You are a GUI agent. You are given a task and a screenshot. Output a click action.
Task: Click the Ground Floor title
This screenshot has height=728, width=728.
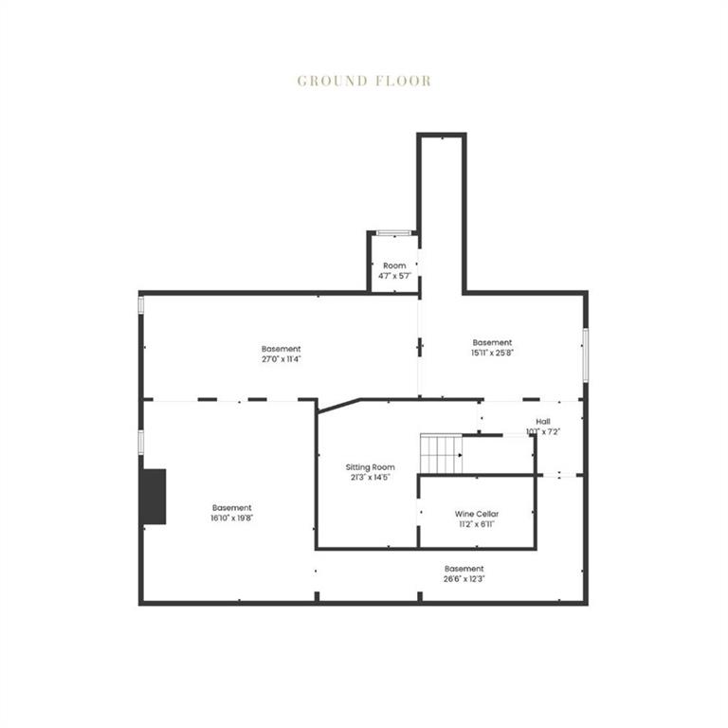tap(364, 81)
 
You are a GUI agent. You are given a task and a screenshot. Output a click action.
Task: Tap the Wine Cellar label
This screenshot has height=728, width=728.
tap(477, 514)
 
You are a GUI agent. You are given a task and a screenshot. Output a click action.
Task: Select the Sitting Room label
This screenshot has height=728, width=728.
tap(370, 467)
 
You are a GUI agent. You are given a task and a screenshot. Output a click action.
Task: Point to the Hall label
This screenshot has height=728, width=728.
tap(543, 422)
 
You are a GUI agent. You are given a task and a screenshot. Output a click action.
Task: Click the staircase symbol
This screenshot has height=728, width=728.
tap(441, 453)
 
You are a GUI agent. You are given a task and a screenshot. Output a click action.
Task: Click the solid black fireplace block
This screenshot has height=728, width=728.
tap(153, 496)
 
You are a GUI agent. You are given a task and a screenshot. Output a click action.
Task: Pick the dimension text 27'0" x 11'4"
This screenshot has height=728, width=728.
tap(282, 359)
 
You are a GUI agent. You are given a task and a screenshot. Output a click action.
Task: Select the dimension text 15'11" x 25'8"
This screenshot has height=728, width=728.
tap(492, 354)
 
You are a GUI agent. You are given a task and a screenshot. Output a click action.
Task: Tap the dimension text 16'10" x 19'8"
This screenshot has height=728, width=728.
tap(232, 519)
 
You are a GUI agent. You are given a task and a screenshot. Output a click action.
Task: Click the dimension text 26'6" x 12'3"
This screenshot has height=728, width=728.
tap(464, 578)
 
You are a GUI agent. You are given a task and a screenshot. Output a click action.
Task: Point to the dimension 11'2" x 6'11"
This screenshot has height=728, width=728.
tap(477, 524)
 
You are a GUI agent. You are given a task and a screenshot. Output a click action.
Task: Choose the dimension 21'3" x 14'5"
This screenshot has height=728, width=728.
tap(370, 478)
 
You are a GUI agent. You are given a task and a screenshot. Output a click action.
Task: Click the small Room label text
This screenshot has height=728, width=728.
tap(394, 265)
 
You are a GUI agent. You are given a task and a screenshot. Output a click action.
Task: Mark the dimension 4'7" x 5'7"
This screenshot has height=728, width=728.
tap(394, 276)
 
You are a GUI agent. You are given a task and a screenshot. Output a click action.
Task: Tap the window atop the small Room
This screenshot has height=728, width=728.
tap(393, 232)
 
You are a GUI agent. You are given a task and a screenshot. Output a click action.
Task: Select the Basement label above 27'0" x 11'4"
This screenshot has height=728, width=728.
tap(282, 349)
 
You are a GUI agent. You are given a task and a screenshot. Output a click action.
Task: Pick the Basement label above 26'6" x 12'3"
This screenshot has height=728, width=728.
tap(464, 569)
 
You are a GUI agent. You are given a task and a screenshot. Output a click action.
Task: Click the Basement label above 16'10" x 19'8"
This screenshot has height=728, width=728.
tap(232, 508)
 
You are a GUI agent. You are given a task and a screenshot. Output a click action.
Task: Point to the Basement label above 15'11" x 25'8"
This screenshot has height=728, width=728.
tap(492, 343)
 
